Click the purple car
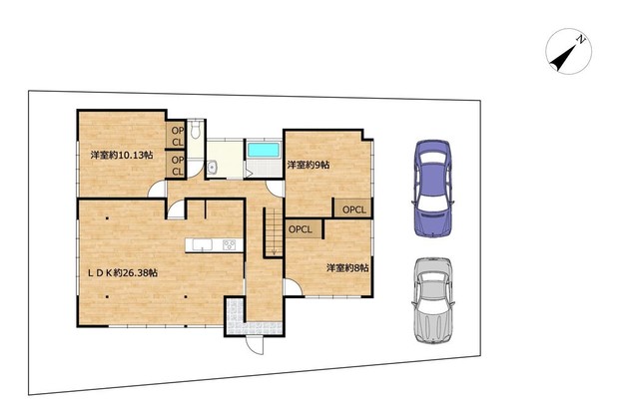[x=432, y=189]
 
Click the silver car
[x=433, y=300]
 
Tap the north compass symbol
[x=568, y=52]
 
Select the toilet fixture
[x=196, y=130]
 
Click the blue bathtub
[x=264, y=150]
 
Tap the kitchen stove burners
[x=230, y=244]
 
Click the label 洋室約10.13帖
[x=122, y=156]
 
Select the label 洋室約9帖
[x=309, y=165]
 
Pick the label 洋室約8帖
[x=347, y=267]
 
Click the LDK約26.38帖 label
[x=123, y=273]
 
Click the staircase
[x=274, y=232]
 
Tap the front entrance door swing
[x=255, y=344]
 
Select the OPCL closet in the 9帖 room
[x=352, y=208]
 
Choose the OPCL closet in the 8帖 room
[x=305, y=228]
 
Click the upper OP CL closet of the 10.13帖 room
[x=176, y=136]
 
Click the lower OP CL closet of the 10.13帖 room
[x=176, y=165]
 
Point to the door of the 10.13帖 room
[x=157, y=189]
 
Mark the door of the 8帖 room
[x=294, y=287]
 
